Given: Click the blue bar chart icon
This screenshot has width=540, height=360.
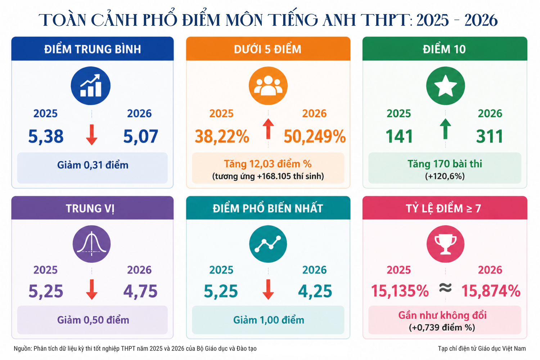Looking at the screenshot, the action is [x=91, y=86].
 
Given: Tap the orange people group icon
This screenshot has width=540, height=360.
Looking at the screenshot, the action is [x=268, y=86].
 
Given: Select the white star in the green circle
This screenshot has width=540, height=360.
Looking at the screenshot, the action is [x=445, y=86].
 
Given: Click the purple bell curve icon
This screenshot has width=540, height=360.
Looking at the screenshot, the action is [x=91, y=244].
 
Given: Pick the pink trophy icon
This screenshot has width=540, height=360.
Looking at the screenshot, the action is [x=445, y=244].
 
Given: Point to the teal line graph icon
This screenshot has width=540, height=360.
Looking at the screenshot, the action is [x=268, y=244].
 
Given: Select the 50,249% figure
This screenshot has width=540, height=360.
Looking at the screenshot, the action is [x=315, y=136].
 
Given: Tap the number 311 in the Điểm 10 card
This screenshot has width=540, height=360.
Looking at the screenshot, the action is [x=489, y=136].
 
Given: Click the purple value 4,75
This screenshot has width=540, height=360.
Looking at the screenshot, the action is [x=140, y=291].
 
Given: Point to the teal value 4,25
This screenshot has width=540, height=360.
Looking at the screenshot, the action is [x=315, y=291].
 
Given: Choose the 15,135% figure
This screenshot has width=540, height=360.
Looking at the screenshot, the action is [x=400, y=291].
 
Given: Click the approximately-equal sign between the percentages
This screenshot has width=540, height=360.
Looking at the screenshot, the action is [x=445, y=288].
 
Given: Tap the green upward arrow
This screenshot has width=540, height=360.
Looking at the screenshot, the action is [x=445, y=129].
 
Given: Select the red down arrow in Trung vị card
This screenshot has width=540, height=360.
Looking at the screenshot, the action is [x=91, y=289].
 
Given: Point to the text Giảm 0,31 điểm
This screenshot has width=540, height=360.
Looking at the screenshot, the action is [x=93, y=165].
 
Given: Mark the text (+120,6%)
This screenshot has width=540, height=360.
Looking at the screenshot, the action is [x=445, y=176].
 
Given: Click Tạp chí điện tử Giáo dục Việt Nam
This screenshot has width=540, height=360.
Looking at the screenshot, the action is [x=482, y=348].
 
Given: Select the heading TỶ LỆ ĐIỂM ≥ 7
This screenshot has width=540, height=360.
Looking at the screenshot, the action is [x=443, y=208].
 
